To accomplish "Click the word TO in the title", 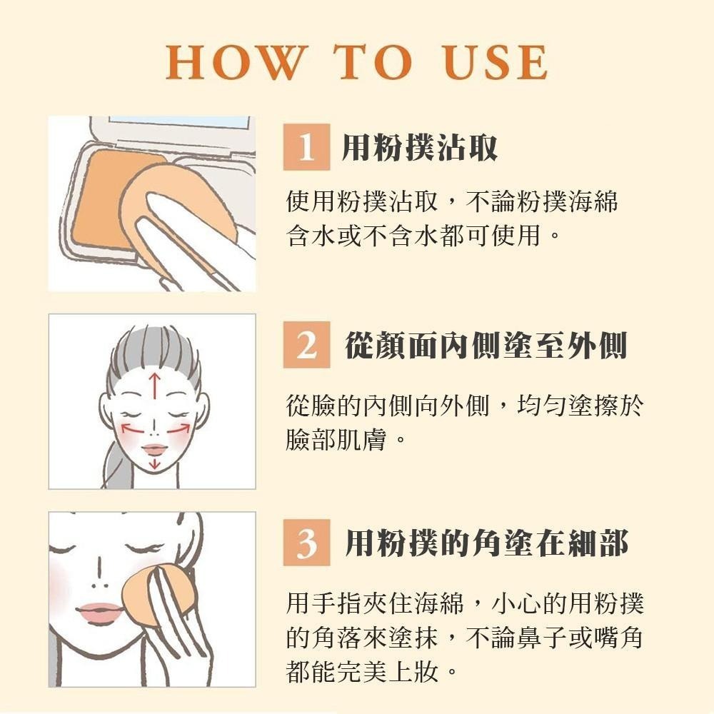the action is click(373, 62).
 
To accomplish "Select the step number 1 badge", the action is click(306, 147).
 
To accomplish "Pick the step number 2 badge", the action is click(306, 345).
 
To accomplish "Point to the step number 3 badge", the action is click(306, 543).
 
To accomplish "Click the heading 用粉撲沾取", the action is click(419, 148).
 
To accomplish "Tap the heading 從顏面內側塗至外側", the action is click(486, 345).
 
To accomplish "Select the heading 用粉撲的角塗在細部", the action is click(486, 543).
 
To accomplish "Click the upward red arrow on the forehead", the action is click(154, 386).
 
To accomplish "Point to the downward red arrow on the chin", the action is click(155, 463).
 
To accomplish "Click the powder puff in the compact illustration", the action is click(178, 214).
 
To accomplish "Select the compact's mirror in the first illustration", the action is click(179, 121).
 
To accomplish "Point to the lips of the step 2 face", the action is click(155, 449).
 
